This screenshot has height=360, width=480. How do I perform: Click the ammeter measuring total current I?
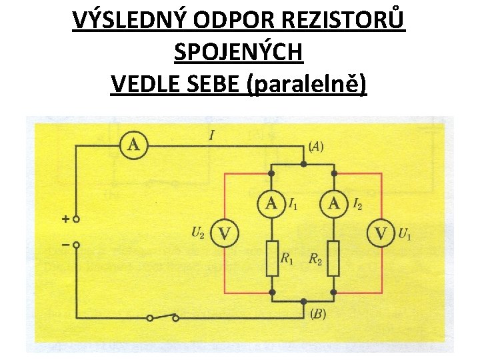(134, 145)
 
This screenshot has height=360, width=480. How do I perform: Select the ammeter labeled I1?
(271, 204)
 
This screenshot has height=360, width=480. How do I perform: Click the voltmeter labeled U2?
(225, 233)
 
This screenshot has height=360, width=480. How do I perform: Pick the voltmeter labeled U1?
(381, 233)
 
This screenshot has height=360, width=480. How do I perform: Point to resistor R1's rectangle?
(272, 258)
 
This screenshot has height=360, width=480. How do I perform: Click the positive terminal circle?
(77, 219)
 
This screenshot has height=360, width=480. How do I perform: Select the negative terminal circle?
(77, 245)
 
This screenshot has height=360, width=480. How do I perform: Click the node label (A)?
(316, 146)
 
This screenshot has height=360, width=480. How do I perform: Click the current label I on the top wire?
(211, 136)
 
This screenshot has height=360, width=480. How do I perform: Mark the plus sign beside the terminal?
(65, 219)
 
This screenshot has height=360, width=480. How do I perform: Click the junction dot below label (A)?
(303, 163)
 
